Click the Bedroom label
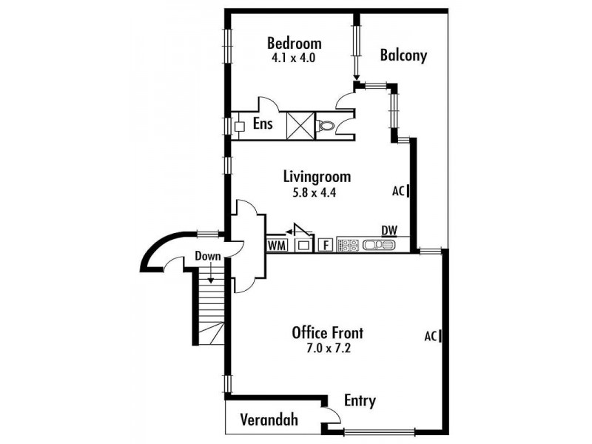[295, 42]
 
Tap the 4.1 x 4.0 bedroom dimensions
[294, 57]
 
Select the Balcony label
[403, 55]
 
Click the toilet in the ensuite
[325, 125]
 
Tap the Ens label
[263, 124]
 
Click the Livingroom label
[317, 177]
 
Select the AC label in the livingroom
[398, 191]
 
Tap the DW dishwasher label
[389, 230]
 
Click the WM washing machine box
[277, 244]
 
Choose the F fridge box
[325, 244]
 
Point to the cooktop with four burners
[349, 244]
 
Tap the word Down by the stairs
[208, 257]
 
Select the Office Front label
[327, 332]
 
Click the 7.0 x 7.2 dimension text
[327, 348]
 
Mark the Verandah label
[269, 420]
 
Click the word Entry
[360, 401]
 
